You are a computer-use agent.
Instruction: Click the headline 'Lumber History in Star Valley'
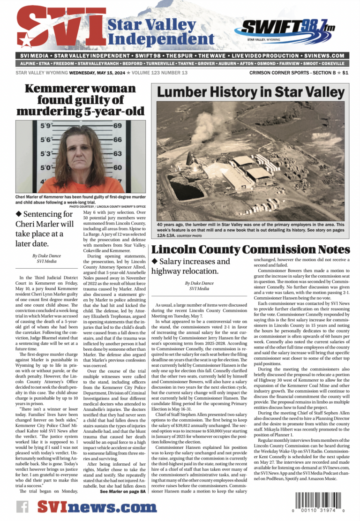[250, 92]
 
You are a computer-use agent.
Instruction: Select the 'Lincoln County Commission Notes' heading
[250, 249]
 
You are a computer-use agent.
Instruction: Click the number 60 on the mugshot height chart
[118, 167]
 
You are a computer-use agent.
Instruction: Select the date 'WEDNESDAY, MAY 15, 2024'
[97, 73]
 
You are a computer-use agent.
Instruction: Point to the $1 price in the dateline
[345, 73]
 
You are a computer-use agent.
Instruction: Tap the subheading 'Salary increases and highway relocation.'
[191, 266]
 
